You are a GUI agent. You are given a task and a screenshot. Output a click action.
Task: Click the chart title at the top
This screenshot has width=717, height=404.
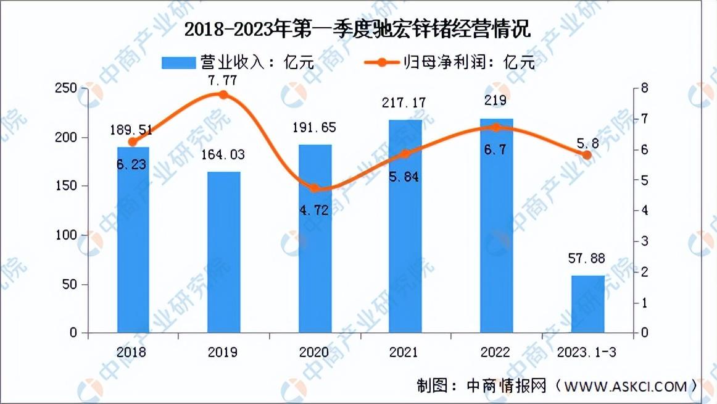(x=357, y=30)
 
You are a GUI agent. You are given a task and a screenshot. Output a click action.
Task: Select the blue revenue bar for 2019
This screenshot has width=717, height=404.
(x=223, y=252)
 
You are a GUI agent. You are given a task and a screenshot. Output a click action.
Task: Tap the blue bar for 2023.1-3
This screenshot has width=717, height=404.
(x=587, y=304)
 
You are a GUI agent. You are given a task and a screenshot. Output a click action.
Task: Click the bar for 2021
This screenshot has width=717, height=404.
(x=405, y=226)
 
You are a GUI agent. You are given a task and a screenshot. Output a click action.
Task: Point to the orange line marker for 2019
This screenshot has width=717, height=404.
(x=223, y=95)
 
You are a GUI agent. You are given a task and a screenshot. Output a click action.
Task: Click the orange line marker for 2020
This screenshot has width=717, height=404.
(x=314, y=188)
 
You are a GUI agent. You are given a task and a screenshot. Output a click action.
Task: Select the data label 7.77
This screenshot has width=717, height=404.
(x=222, y=80)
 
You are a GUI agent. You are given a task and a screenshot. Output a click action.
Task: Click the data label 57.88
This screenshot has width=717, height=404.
(x=587, y=258)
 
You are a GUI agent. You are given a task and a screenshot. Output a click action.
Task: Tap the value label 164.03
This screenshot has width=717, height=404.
(x=223, y=154)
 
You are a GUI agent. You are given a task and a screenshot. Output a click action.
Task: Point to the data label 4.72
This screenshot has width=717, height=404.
(x=314, y=210)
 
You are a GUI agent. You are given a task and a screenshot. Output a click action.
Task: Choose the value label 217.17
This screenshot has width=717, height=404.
(x=404, y=103)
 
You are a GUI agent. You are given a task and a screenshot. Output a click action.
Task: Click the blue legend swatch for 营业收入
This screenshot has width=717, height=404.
(x=178, y=62)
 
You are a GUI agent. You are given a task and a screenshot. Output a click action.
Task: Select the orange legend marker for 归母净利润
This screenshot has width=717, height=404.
(x=381, y=62)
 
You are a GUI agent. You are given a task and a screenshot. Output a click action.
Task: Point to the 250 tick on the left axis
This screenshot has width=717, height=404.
(x=66, y=88)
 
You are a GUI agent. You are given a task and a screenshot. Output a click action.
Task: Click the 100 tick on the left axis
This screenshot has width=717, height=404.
(x=66, y=235)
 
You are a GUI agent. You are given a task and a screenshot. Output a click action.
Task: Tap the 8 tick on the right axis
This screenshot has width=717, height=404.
(x=644, y=88)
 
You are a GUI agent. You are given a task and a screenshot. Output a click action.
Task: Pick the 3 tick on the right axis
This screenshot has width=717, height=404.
(x=644, y=241)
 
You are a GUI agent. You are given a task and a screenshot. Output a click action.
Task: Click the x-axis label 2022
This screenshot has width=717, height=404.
(x=495, y=352)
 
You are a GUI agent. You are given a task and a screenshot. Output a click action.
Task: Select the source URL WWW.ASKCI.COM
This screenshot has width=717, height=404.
(x=626, y=387)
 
